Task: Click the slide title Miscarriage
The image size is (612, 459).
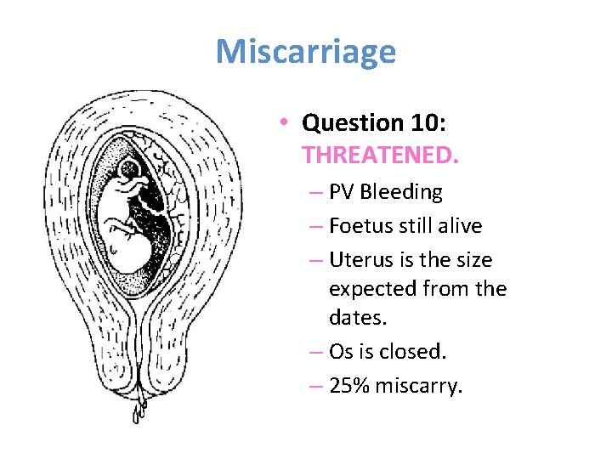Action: click(x=305, y=52)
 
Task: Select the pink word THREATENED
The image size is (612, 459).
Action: click(x=380, y=156)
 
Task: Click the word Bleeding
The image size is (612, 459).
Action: click(x=401, y=192)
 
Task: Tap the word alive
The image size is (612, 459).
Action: click(x=458, y=226)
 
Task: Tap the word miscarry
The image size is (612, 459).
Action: click(x=420, y=386)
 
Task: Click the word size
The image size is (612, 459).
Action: click(x=473, y=259)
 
